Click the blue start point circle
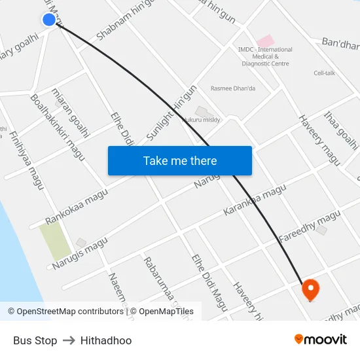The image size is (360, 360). [x=49, y=20]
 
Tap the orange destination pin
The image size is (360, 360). [x=309, y=289]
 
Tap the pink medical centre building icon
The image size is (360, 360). [x=265, y=41]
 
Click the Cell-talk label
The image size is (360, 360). [x=324, y=73]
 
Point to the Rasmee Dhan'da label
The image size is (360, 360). [x=232, y=88]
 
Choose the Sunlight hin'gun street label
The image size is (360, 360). [x=171, y=112]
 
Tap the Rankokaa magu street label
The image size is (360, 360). [x=77, y=207]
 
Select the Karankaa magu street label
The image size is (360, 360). [x=255, y=201]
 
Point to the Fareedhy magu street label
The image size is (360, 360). [x=310, y=227]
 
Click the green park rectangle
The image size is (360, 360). [x=55, y=240]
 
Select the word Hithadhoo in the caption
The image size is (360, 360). [x=106, y=340]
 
